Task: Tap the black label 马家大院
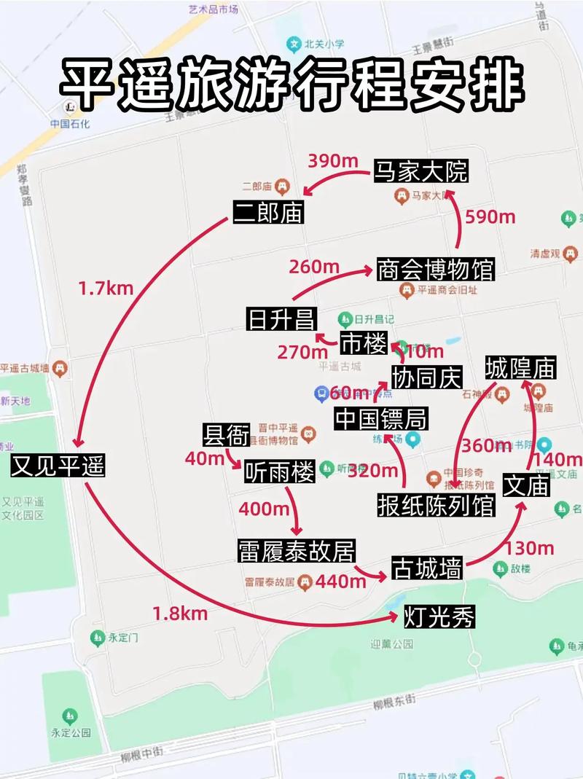point(420,171)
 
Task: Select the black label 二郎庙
point(268,212)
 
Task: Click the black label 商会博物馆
point(436,269)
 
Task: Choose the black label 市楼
point(364,342)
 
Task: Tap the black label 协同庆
point(427,377)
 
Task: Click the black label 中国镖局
point(380,419)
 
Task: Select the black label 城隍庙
point(520,367)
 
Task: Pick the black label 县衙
point(226,434)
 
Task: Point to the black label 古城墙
point(427,568)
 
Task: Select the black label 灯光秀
point(439,618)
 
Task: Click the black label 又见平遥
point(58,466)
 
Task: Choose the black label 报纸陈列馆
point(436,505)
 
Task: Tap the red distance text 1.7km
point(106,289)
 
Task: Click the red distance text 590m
point(490,216)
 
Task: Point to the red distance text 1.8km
point(180,614)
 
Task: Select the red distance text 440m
point(341,581)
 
